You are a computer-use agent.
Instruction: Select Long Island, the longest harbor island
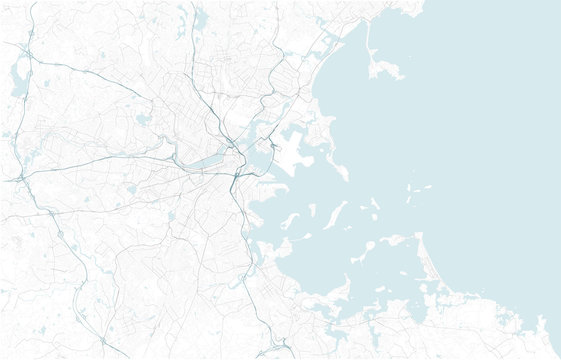tap(334, 213)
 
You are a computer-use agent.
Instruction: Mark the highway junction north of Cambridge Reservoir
tap(29, 55)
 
